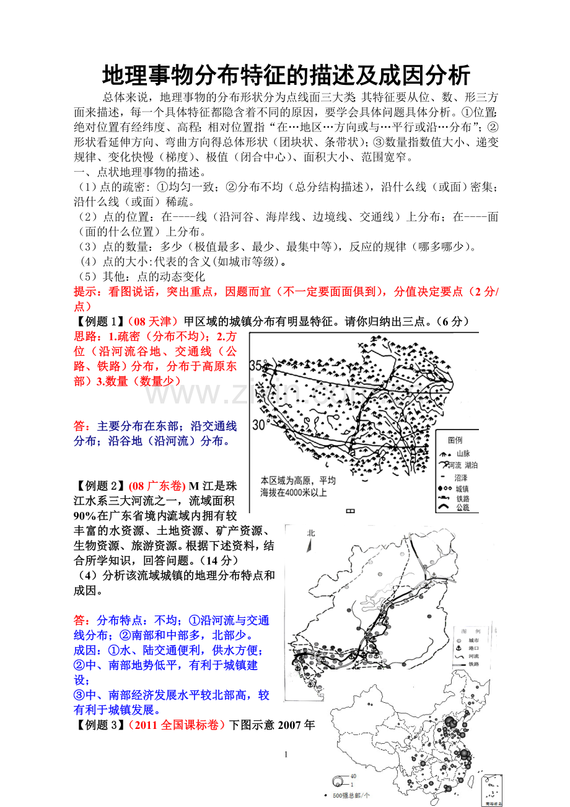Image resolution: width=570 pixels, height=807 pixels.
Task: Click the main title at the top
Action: tap(286, 76)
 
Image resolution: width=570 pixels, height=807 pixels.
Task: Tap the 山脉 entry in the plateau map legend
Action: tap(462, 453)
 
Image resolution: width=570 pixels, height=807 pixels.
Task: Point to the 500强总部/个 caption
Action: tap(351, 795)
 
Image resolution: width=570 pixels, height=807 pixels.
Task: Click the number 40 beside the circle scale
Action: tap(353, 775)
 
